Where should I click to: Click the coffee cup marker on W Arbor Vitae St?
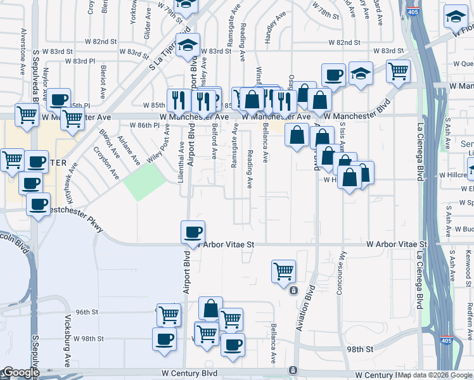pyautogui.click(x=193, y=232)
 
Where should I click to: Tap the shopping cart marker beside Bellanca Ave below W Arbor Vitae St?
pyautogui.click(x=283, y=271)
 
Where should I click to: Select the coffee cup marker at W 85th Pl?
pyautogui.click(x=58, y=99)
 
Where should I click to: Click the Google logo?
pyautogui.click(x=20, y=372)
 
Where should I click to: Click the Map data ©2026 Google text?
pyautogui.click(x=430, y=374)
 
